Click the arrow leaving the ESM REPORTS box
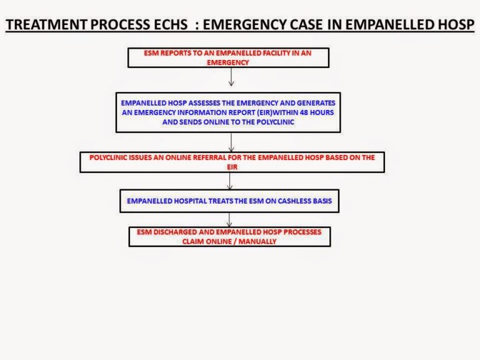pyautogui.click(x=231, y=76)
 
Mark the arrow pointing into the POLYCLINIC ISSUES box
pyautogui.click(x=231, y=142)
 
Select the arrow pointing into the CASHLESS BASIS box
pyautogui.click(x=231, y=181)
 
